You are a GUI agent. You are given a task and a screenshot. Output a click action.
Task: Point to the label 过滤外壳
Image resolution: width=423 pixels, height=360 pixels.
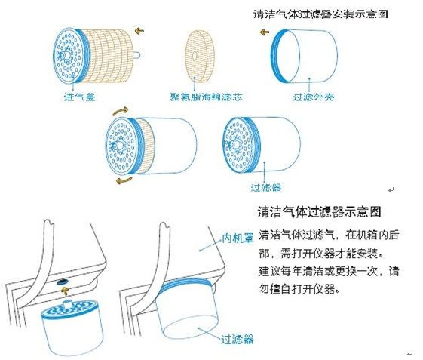pos(312,97)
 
